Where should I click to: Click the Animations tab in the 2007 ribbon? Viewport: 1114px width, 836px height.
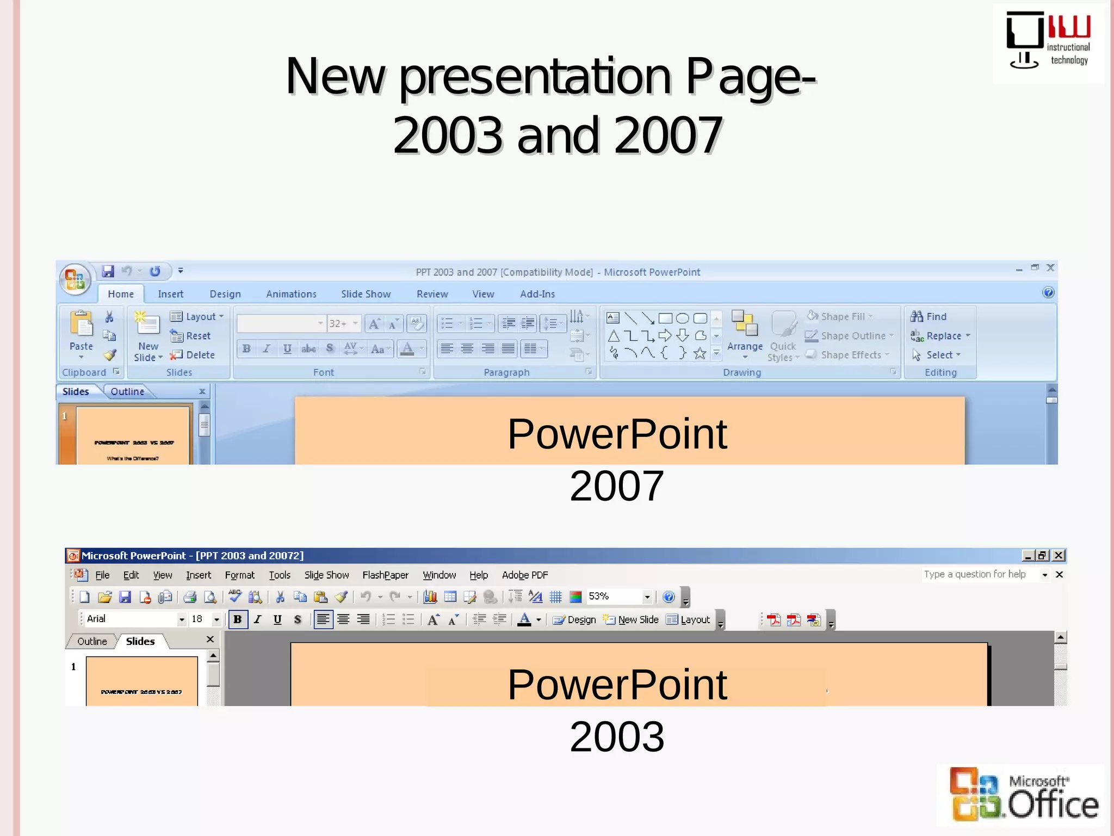(291, 294)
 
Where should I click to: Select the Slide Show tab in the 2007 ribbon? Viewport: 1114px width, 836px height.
(366, 294)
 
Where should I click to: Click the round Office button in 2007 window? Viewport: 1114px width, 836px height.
(75, 279)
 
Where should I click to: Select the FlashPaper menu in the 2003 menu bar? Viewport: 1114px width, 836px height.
(385, 575)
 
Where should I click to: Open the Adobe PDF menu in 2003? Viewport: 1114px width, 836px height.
(524, 575)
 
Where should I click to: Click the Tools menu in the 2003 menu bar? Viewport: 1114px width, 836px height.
(280, 575)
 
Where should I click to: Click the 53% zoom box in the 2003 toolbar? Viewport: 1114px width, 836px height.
(614, 597)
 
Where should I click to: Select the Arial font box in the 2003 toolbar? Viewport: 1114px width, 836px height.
(131, 619)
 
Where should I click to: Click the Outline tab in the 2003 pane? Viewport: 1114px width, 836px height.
(92, 641)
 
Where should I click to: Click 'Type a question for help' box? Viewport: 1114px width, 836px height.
(976, 574)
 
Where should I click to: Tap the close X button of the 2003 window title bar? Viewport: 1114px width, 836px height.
(1059, 555)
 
